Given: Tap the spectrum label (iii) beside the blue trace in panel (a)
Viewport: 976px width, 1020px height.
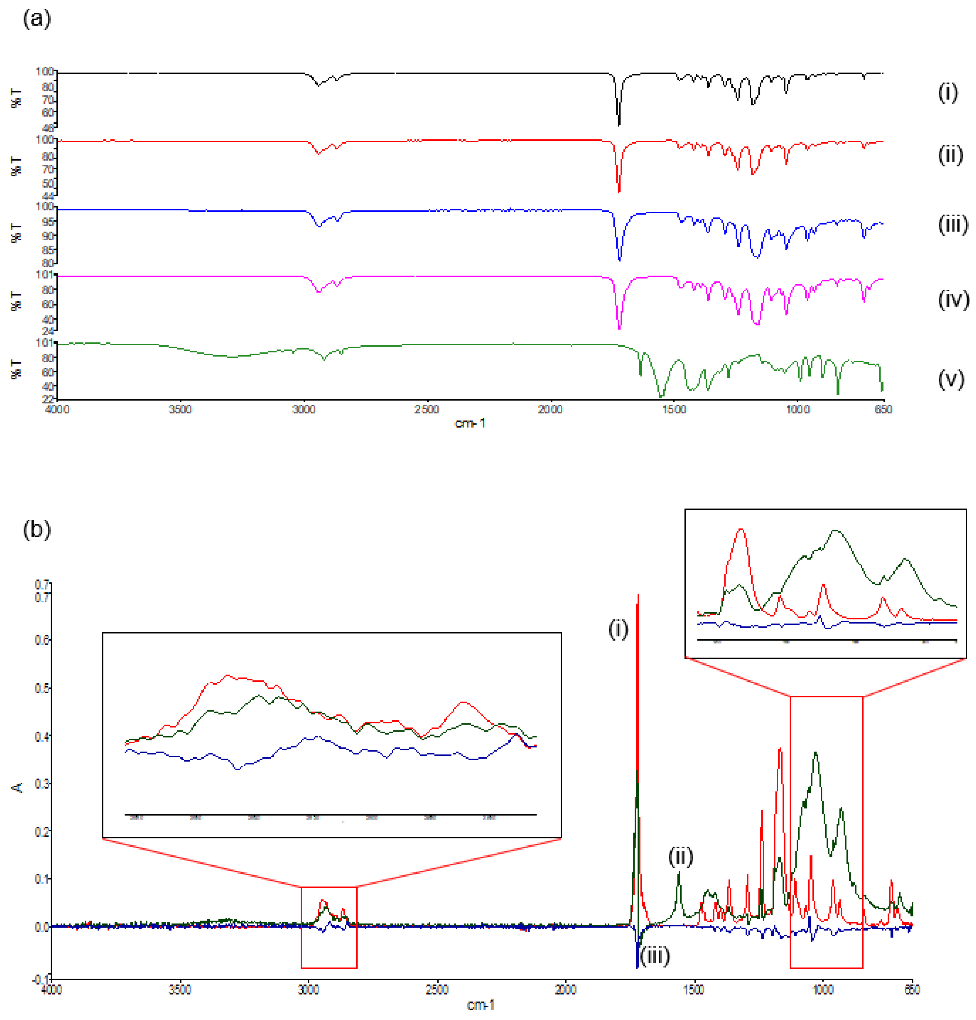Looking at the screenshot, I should click(952, 224).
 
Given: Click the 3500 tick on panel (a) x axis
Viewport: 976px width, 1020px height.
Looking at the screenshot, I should click(180, 409).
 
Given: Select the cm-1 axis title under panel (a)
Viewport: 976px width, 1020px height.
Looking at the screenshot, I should click(470, 423).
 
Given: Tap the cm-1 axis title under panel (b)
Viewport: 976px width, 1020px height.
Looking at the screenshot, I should click(480, 1005).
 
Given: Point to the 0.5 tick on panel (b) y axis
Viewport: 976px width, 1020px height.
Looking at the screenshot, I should click(42, 688).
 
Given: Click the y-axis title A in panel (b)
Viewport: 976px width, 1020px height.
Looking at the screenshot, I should click(17, 788).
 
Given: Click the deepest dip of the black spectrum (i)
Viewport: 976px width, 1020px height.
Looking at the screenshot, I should click(619, 125).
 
